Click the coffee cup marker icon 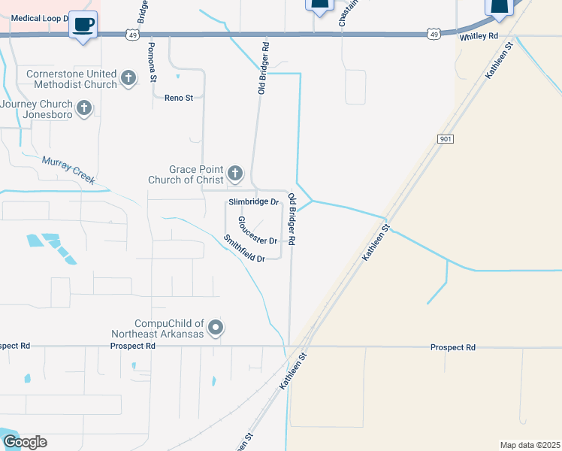[x=83, y=24]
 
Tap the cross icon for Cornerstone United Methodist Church [x=128, y=78]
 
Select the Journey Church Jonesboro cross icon [x=84, y=109]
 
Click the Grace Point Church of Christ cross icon [x=235, y=174]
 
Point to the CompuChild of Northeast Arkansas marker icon [x=216, y=327]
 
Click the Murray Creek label [x=68, y=170]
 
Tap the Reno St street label [x=179, y=98]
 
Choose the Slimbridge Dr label [x=253, y=202]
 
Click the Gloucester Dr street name [x=258, y=231]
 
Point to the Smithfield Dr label [x=244, y=248]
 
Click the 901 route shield [x=445, y=139]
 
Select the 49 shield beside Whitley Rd [x=433, y=34]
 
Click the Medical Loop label [x=39, y=17]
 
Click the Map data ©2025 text [x=530, y=445]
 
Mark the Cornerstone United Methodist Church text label [x=71, y=79]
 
